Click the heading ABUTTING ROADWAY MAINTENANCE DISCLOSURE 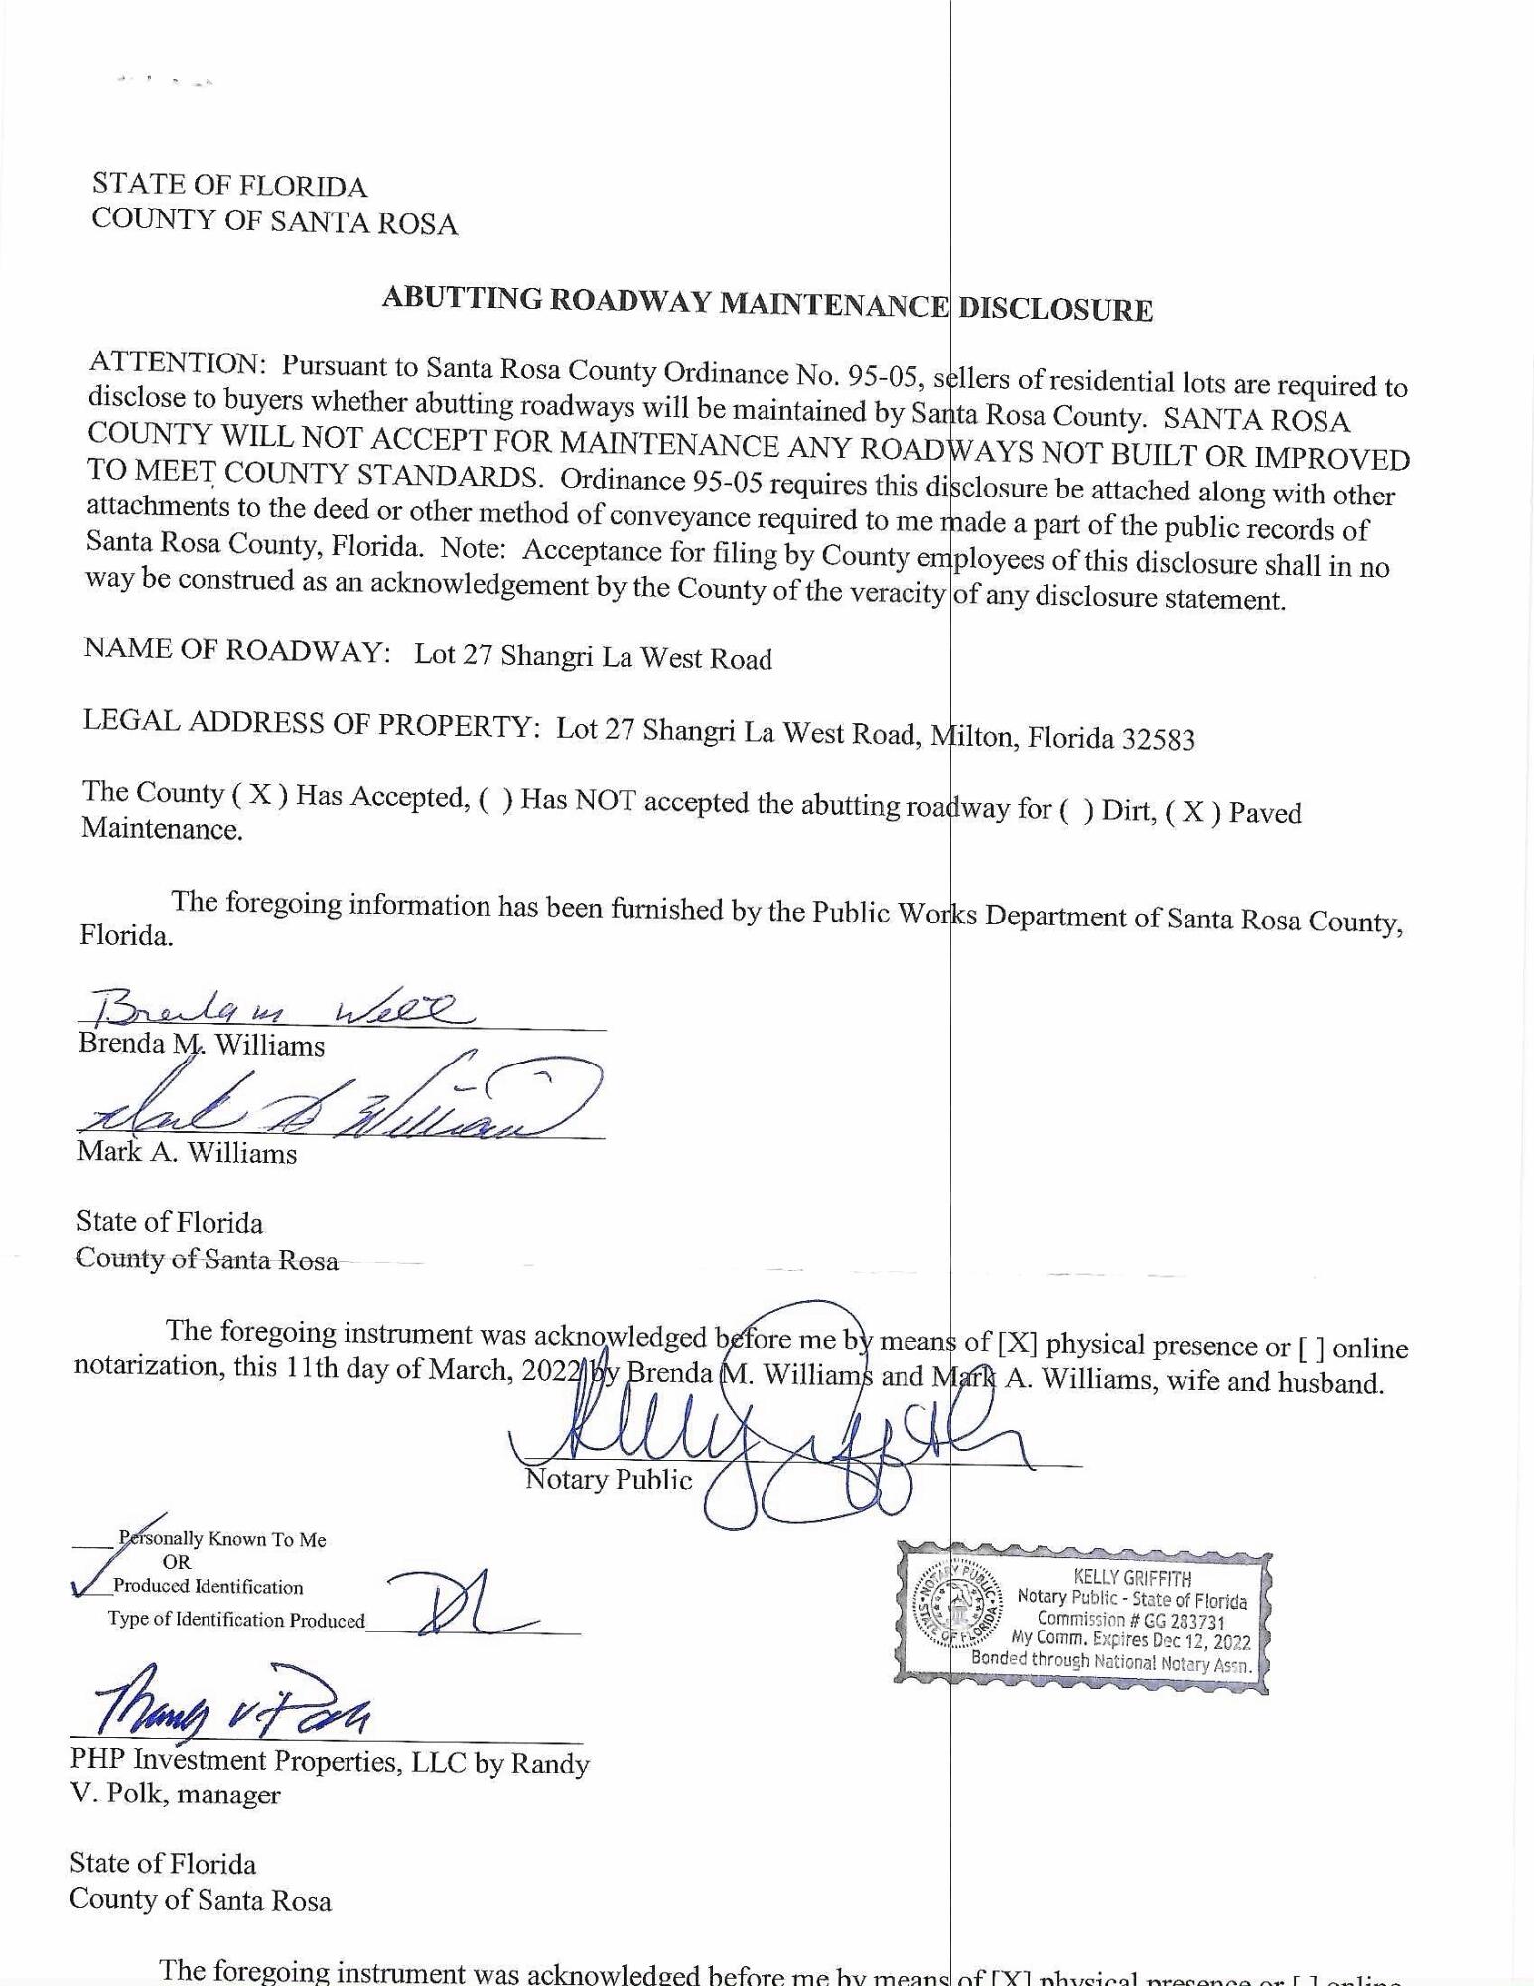tap(767, 303)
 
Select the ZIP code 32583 tap(1159, 739)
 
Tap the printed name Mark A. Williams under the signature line tap(187, 1153)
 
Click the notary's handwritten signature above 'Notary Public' tap(774, 1430)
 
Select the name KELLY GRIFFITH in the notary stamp tap(1132, 1577)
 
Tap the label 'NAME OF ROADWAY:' tap(236, 650)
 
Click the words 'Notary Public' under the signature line tap(608, 1480)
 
